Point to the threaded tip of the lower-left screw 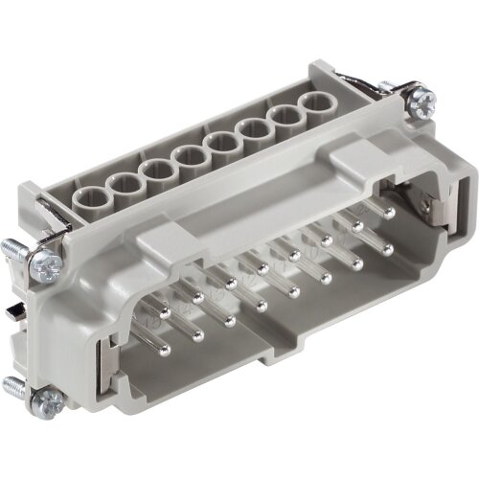13,387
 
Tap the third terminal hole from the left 156,170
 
